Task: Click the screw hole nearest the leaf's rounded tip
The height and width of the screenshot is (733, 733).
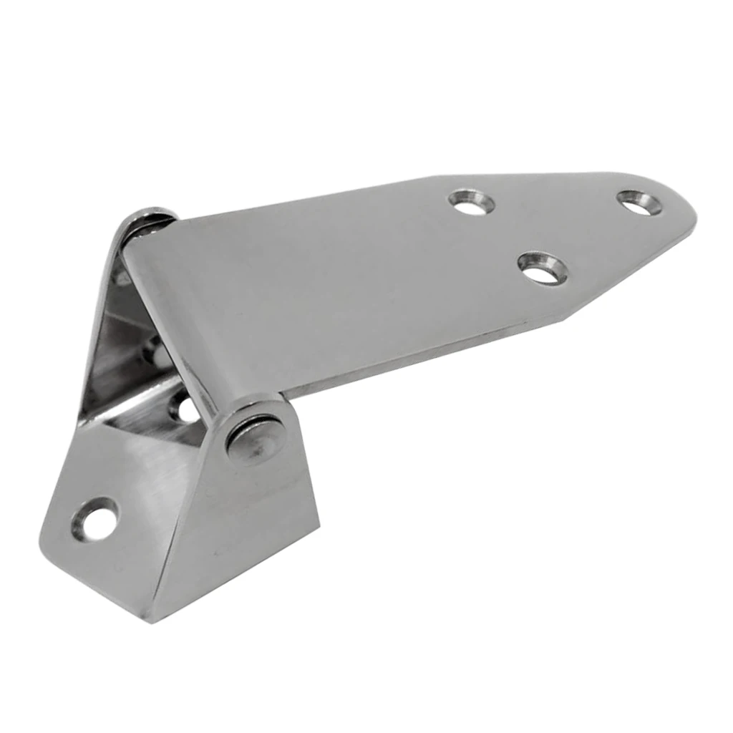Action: point(639,202)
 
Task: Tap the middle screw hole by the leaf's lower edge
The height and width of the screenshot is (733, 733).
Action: point(542,267)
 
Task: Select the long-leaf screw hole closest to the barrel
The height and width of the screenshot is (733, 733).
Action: point(472,203)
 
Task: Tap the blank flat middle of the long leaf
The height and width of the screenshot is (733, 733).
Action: point(344,279)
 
